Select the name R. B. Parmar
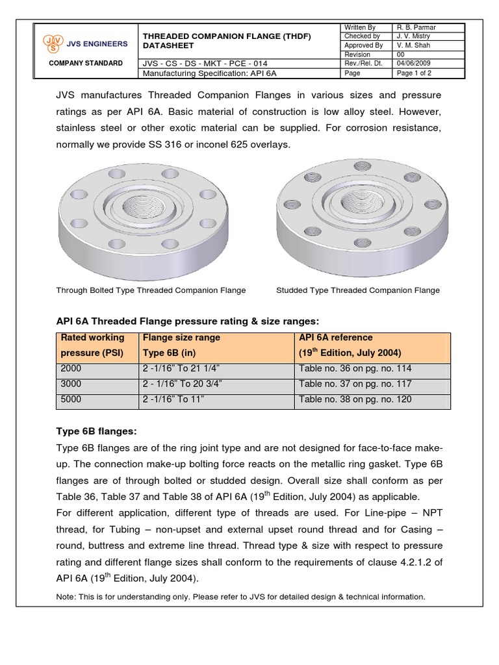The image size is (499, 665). click(417, 27)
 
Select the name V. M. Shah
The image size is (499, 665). click(414, 45)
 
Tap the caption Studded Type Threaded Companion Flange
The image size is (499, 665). click(358, 290)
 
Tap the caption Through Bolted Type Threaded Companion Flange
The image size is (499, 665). click(151, 290)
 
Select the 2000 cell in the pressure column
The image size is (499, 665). click(71, 368)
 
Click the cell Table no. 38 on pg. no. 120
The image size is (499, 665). click(355, 399)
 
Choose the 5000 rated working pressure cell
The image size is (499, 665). click(71, 399)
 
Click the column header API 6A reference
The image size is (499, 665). click(336, 338)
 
